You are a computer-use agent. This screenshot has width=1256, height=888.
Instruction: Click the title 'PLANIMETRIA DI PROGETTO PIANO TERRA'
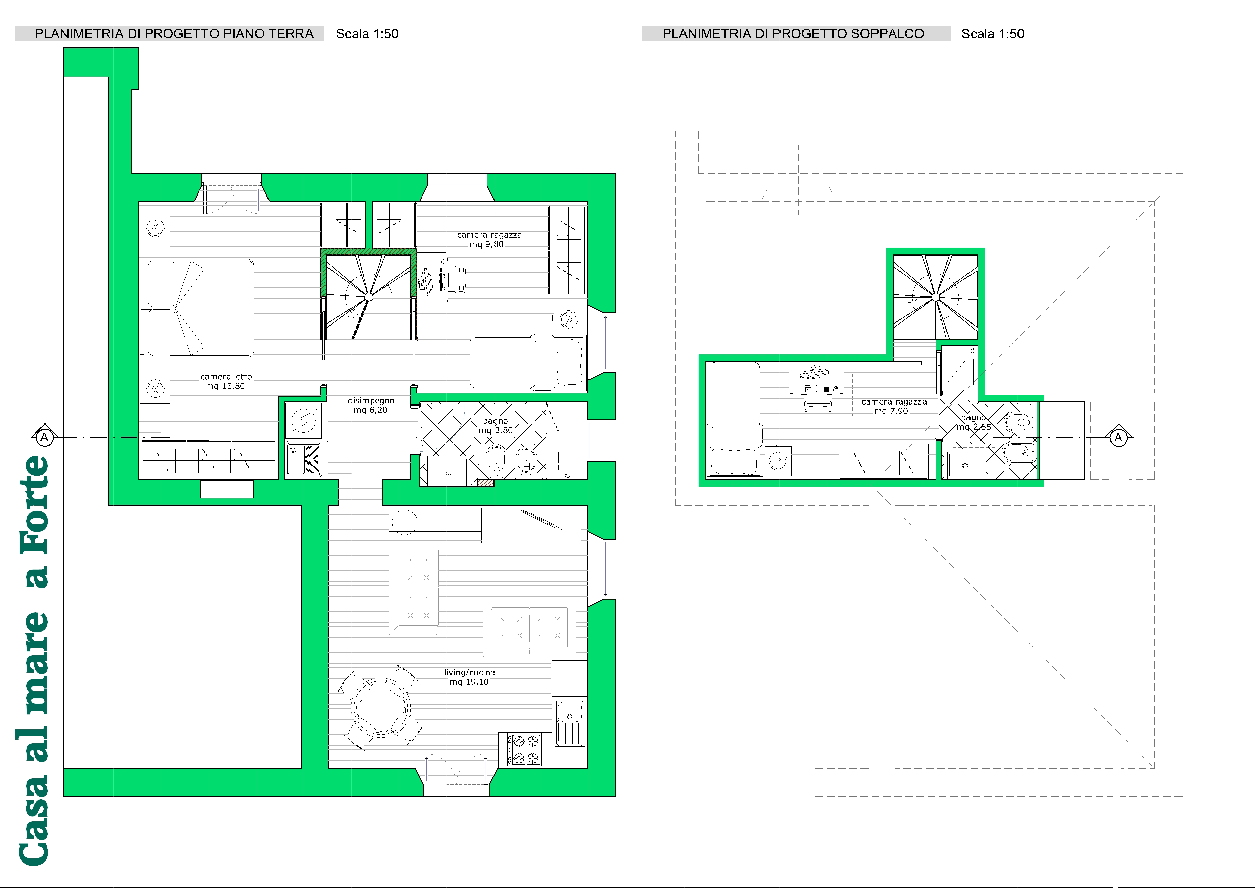(174, 34)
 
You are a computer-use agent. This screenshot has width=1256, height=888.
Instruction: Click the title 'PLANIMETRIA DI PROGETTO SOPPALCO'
(793, 34)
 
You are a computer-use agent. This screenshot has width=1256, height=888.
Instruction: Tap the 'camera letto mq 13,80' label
(226, 381)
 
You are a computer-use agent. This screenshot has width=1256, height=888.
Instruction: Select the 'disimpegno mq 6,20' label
(371, 406)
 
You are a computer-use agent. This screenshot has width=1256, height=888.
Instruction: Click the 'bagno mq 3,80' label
(496, 426)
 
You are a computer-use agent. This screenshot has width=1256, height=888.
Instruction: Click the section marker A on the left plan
(44, 437)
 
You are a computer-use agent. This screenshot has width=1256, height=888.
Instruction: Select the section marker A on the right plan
(1118, 437)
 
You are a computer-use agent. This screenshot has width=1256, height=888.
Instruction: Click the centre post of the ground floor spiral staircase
(368, 297)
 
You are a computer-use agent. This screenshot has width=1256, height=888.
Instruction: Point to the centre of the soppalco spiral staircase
(935, 297)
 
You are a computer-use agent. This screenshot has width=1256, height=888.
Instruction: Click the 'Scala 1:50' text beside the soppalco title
(993, 34)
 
